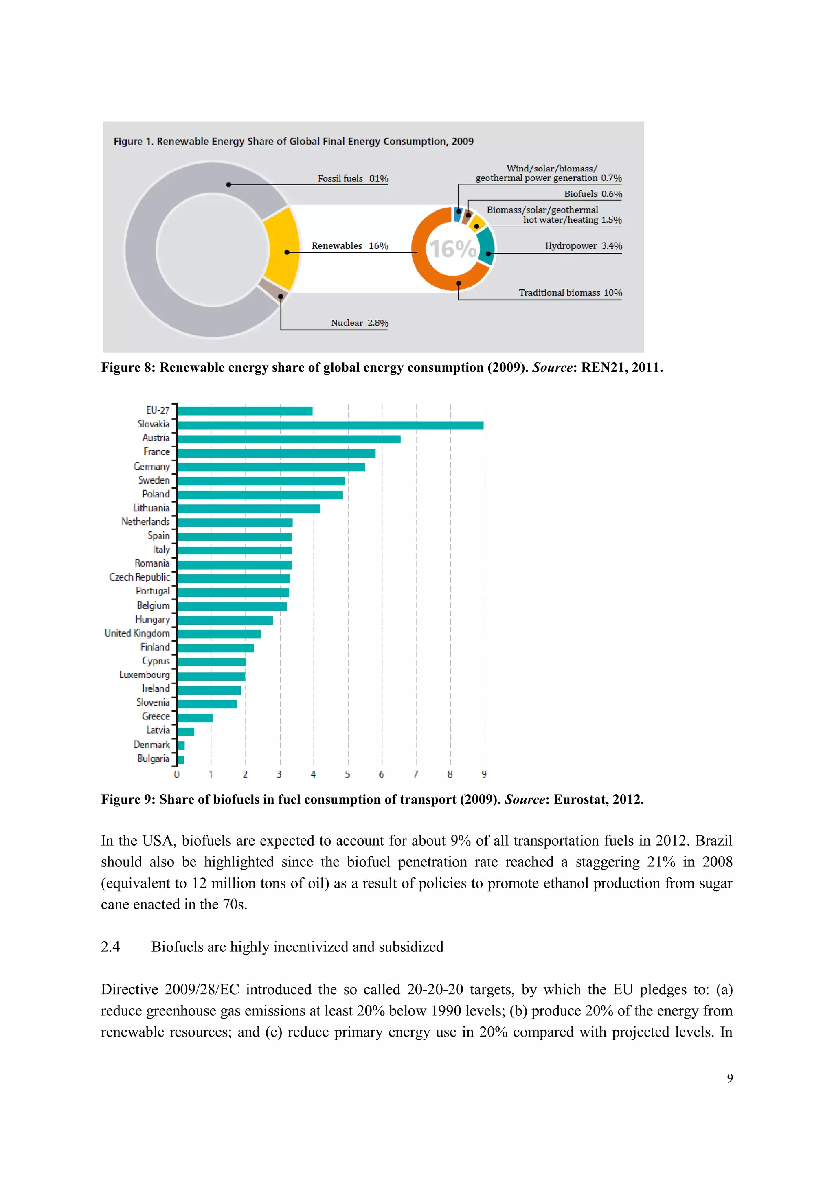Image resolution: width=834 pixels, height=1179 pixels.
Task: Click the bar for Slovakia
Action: pyautogui.click(x=330, y=425)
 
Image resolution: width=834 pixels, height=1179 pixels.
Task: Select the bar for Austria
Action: pyautogui.click(x=289, y=439)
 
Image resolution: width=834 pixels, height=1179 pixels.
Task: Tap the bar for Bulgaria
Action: pyautogui.click(x=181, y=759)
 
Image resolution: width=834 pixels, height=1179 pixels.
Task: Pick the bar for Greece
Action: pyautogui.click(x=195, y=718)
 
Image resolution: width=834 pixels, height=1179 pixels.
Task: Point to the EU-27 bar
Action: pyautogui.click(x=245, y=411)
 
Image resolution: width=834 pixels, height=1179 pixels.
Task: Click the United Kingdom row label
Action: pyautogui.click(x=137, y=633)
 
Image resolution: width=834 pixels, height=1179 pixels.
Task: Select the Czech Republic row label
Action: pyautogui.click(x=139, y=577)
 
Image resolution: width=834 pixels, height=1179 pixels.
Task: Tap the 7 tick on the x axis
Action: pyautogui.click(x=416, y=774)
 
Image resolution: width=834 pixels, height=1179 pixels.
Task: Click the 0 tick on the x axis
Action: pyautogui.click(x=177, y=774)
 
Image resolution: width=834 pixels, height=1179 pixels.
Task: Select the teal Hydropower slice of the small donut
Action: pyautogui.click(x=486, y=246)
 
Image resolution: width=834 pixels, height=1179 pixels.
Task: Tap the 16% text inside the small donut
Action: pyautogui.click(x=452, y=249)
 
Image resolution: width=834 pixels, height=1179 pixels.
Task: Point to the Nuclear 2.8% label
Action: pyautogui.click(x=360, y=323)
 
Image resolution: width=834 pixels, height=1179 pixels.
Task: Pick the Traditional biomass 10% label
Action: pyautogui.click(x=570, y=293)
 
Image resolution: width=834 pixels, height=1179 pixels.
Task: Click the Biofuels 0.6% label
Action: pyautogui.click(x=593, y=194)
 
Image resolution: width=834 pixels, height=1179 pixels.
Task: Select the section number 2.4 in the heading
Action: pyautogui.click(x=110, y=947)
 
